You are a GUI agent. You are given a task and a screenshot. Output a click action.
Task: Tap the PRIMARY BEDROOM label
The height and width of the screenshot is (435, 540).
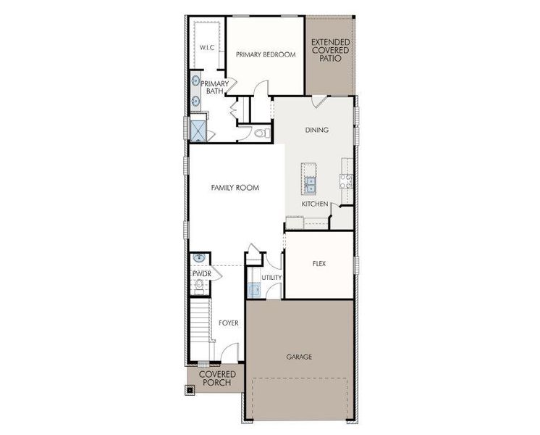[266, 54]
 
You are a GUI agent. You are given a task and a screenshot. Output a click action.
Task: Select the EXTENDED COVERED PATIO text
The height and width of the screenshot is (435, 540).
[330, 50]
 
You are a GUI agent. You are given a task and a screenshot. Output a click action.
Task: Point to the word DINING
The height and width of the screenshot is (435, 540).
[316, 130]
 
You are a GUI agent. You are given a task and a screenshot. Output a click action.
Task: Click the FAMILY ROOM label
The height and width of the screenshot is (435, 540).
[235, 188]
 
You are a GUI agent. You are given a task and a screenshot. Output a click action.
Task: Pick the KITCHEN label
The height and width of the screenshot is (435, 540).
[316, 204]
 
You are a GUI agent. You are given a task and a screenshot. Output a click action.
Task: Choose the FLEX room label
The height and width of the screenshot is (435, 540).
[318, 264]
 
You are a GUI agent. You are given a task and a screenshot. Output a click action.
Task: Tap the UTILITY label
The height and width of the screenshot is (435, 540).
[271, 278]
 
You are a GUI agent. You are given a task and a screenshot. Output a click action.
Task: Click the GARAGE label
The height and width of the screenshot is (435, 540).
[298, 357]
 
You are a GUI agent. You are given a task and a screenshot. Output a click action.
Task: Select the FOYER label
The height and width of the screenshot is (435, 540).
[228, 323]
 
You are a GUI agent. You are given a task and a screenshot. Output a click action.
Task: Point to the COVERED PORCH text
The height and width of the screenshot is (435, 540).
[217, 378]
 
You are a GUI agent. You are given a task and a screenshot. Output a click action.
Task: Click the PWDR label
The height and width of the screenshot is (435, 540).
[201, 274]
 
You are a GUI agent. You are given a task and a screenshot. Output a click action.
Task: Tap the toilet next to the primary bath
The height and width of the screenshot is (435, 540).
[263, 133]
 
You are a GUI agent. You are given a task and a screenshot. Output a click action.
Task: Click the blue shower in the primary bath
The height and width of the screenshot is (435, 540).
[198, 130]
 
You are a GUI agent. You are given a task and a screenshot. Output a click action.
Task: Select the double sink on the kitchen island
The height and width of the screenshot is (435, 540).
[310, 185]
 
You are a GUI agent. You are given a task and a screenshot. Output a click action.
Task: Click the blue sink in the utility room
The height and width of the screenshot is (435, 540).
[254, 291]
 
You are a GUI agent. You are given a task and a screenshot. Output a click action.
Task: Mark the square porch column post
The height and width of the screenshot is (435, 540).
[190, 389]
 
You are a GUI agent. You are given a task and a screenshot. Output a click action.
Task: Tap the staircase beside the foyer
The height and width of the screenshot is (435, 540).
[201, 323]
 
